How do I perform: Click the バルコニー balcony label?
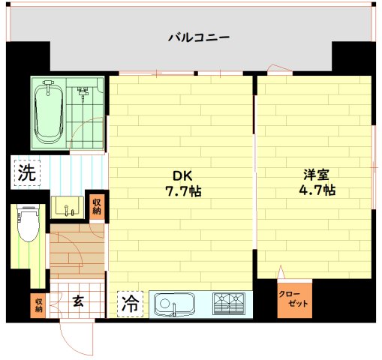click(x=199, y=36)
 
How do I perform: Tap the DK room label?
click(x=182, y=176)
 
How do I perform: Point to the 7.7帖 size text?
click(x=182, y=191)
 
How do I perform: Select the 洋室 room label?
click(x=316, y=175)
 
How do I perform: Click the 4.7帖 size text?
click(x=316, y=190)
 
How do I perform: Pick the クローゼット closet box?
click(x=294, y=299)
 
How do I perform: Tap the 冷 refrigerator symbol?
click(x=130, y=304)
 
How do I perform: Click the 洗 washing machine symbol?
click(x=26, y=172)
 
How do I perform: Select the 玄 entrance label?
click(x=77, y=302)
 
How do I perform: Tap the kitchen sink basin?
click(x=174, y=304)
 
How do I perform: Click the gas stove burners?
click(x=230, y=304)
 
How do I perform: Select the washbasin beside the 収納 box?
click(x=69, y=207)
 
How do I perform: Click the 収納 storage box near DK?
click(x=97, y=205)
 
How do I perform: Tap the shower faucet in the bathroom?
click(x=83, y=94)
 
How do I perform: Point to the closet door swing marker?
click(x=281, y=272)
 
